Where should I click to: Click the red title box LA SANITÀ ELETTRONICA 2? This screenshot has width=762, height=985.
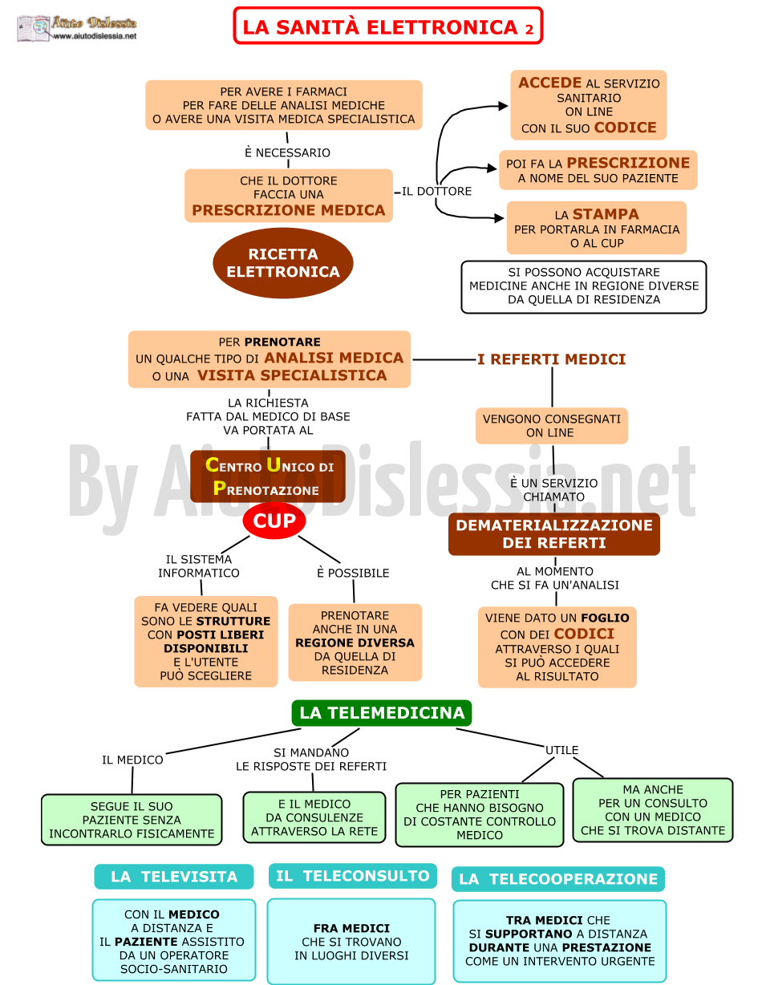(387, 26)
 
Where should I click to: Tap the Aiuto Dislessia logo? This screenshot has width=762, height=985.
(77, 28)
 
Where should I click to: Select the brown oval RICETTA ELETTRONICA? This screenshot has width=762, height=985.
(283, 263)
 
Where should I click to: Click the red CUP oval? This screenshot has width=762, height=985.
(274, 521)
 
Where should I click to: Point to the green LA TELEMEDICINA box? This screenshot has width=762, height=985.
(382, 713)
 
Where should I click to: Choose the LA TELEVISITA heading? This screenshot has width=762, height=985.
(173, 877)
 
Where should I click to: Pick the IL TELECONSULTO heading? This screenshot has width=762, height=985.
(352, 876)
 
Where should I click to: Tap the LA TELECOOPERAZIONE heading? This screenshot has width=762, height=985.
(558, 879)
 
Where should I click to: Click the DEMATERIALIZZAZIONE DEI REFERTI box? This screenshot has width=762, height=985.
(554, 534)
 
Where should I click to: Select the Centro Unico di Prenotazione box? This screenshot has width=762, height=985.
(268, 476)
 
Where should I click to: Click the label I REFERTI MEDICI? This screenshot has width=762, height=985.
(552, 359)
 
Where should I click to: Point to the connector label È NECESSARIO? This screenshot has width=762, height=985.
(287, 152)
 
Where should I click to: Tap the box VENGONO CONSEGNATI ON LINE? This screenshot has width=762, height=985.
(552, 426)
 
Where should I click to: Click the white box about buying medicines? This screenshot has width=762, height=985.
(584, 286)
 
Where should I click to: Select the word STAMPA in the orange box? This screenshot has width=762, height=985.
(606, 214)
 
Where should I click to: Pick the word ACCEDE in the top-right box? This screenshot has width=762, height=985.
(550, 83)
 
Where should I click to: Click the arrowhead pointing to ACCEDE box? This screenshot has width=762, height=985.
(503, 106)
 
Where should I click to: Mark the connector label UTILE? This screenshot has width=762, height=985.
(561, 750)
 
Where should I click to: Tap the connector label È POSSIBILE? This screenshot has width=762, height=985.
(353, 573)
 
